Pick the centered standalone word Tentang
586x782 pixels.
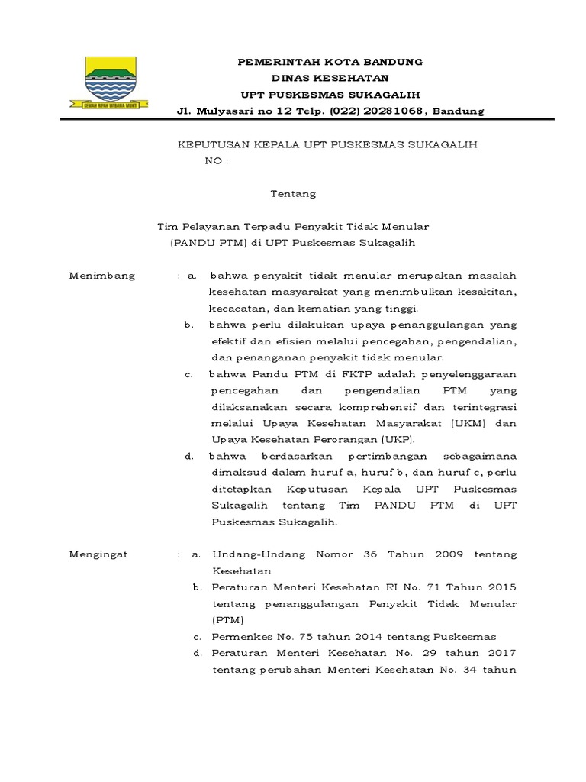pos(293,194)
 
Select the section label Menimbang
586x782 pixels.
pos(101,276)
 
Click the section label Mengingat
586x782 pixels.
pos(98,554)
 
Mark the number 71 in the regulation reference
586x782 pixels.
pos(423,586)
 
